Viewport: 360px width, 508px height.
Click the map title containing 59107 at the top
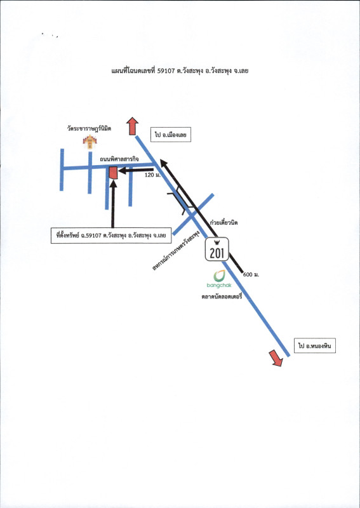point(180,71)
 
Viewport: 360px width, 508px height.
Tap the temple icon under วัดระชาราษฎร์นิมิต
point(90,142)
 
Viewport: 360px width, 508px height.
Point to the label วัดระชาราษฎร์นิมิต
point(89,129)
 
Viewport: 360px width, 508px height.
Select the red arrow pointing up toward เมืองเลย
point(132,126)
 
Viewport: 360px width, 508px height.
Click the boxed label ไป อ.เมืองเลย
point(170,135)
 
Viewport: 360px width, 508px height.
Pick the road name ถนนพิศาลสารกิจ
point(119,159)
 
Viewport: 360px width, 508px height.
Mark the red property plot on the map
point(113,173)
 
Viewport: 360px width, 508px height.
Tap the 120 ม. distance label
point(152,176)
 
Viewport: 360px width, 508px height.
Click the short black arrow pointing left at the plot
point(136,170)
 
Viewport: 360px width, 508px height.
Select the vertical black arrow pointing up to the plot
point(113,204)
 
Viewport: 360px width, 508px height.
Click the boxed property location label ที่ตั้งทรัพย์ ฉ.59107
point(111,236)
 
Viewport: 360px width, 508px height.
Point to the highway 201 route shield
point(217,249)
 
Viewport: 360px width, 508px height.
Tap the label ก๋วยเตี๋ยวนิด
point(224,223)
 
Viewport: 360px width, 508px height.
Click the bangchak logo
point(219,279)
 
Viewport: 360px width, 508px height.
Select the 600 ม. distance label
point(251,275)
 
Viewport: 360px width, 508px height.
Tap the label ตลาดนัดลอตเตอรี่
point(222,297)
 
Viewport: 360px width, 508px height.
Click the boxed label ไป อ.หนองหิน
point(315,345)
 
